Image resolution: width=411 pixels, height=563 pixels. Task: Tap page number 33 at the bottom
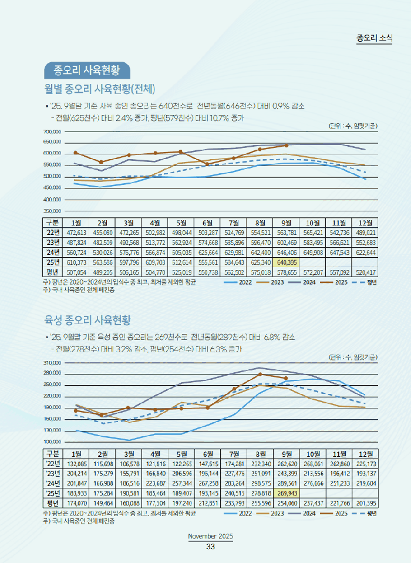[210, 547]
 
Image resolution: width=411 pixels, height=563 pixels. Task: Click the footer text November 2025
[210, 537]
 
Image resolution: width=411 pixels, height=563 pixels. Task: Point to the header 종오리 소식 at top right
[374, 38]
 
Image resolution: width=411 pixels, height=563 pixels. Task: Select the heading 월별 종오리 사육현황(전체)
[99, 89]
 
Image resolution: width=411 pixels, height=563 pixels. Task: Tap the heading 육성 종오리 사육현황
[87, 320]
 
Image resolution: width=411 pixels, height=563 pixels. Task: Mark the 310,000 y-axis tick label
[36, 363]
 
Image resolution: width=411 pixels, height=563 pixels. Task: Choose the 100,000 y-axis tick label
[36, 442]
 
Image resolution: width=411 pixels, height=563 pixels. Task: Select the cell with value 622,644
[366, 252]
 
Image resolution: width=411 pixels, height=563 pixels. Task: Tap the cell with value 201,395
[366, 503]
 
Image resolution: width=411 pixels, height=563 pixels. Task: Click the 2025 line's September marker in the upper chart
[287, 145]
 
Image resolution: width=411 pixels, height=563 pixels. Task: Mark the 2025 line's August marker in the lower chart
[261, 374]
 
